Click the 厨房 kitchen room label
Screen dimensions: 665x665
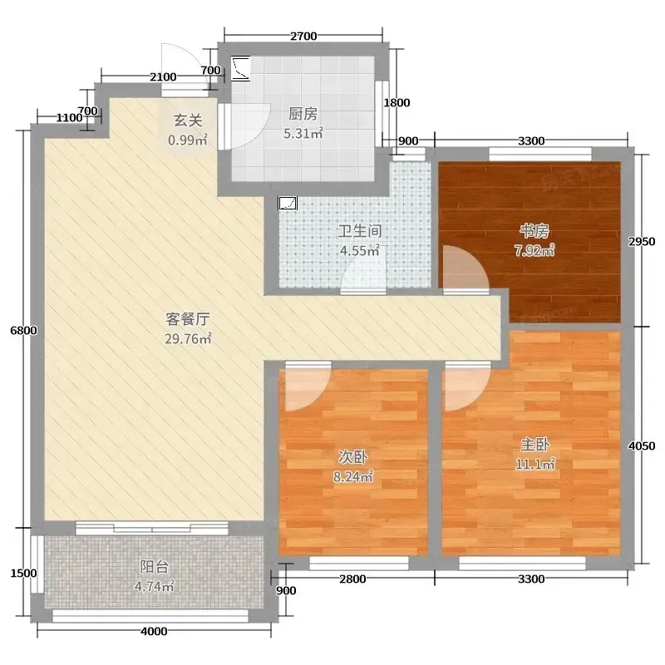coord(303,114)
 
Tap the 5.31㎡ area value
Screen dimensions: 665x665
coord(303,134)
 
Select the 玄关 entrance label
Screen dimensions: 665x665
coord(188,121)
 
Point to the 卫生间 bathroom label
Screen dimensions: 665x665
coord(360,231)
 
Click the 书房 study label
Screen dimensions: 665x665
coord(534,231)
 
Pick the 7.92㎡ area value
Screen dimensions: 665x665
coord(534,251)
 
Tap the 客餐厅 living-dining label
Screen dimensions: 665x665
coord(188,319)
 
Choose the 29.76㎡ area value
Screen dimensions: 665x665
coord(188,339)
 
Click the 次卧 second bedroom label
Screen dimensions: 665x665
coord(352,456)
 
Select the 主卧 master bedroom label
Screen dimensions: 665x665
coord(535,445)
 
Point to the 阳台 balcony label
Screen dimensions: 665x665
coord(155,567)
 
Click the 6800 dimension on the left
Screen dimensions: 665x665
coord(23,330)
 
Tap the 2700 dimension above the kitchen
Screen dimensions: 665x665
coord(303,37)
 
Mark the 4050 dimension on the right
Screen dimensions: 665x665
coord(642,446)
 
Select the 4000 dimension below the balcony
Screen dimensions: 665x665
coord(154,632)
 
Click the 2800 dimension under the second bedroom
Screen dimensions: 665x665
coord(352,579)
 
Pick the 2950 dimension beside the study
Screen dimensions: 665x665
coord(642,241)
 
